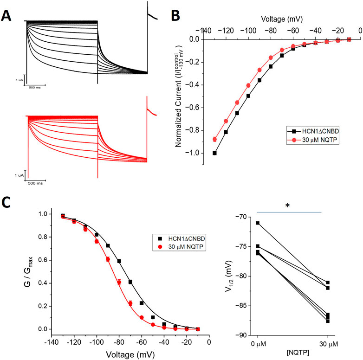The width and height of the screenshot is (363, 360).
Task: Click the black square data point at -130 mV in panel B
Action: coord(214,153)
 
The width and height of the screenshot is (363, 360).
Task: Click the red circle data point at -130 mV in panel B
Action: coord(214,139)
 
